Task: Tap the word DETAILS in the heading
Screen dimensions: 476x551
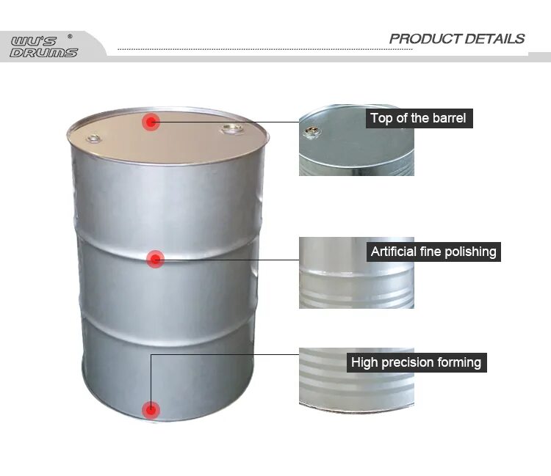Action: click(495, 39)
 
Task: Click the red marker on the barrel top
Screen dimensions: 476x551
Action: click(151, 122)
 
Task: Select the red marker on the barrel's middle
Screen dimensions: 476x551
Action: click(155, 258)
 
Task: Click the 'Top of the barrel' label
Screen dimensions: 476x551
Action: click(418, 118)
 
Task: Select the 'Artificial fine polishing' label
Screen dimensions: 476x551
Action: click(433, 252)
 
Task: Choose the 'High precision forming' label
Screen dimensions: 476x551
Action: click(416, 362)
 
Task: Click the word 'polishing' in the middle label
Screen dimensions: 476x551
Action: click(469, 252)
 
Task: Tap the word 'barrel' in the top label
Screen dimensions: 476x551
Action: click(448, 118)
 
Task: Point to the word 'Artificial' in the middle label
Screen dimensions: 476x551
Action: click(396, 252)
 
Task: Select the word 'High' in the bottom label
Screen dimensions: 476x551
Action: click(364, 362)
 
